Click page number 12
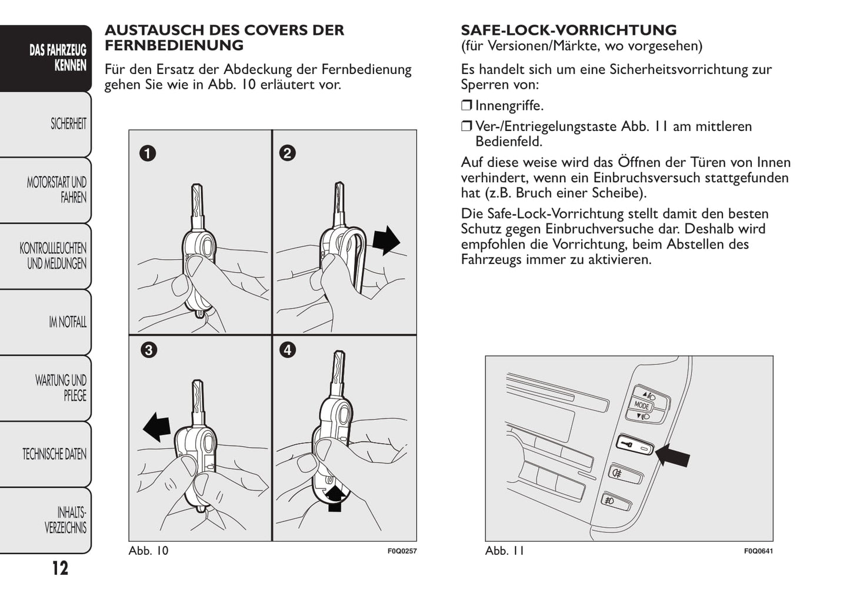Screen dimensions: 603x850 click(x=60, y=568)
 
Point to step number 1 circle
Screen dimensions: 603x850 click(x=147, y=153)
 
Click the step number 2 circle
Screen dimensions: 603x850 click(x=287, y=153)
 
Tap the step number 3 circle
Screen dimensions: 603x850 click(x=148, y=350)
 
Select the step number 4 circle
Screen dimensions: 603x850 click(x=287, y=350)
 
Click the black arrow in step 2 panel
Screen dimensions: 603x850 click(x=386, y=240)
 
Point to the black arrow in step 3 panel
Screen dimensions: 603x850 click(x=157, y=426)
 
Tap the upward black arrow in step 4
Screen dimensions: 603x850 click(x=335, y=497)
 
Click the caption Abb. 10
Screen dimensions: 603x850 click(x=148, y=551)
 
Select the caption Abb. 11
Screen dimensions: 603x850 click(x=504, y=551)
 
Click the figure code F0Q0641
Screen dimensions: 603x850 click(x=758, y=551)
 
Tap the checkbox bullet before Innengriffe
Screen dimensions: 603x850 click(x=466, y=106)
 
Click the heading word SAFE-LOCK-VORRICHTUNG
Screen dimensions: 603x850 click(x=568, y=30)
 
